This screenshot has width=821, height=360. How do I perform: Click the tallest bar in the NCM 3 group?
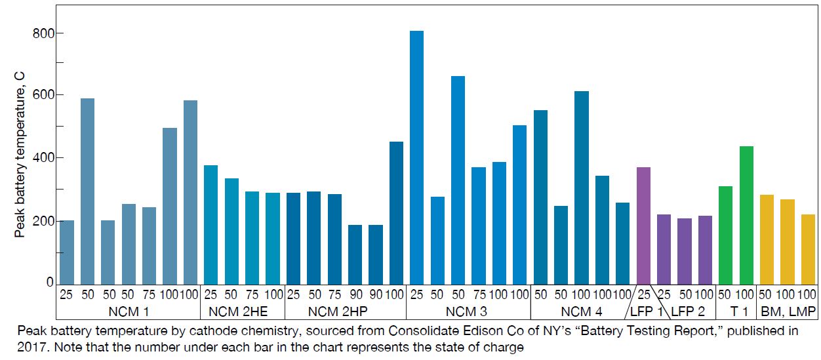click(416, 157)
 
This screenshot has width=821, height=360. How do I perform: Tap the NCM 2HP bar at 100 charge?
click(396, 212)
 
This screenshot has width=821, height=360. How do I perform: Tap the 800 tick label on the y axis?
click(43, 33)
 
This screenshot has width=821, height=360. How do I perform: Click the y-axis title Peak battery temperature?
click(20, 154)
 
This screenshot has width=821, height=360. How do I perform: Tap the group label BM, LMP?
click(787, 311)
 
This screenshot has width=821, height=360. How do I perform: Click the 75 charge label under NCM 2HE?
click(252, 294)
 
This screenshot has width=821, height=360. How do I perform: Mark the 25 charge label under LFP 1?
click(645, 294)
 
